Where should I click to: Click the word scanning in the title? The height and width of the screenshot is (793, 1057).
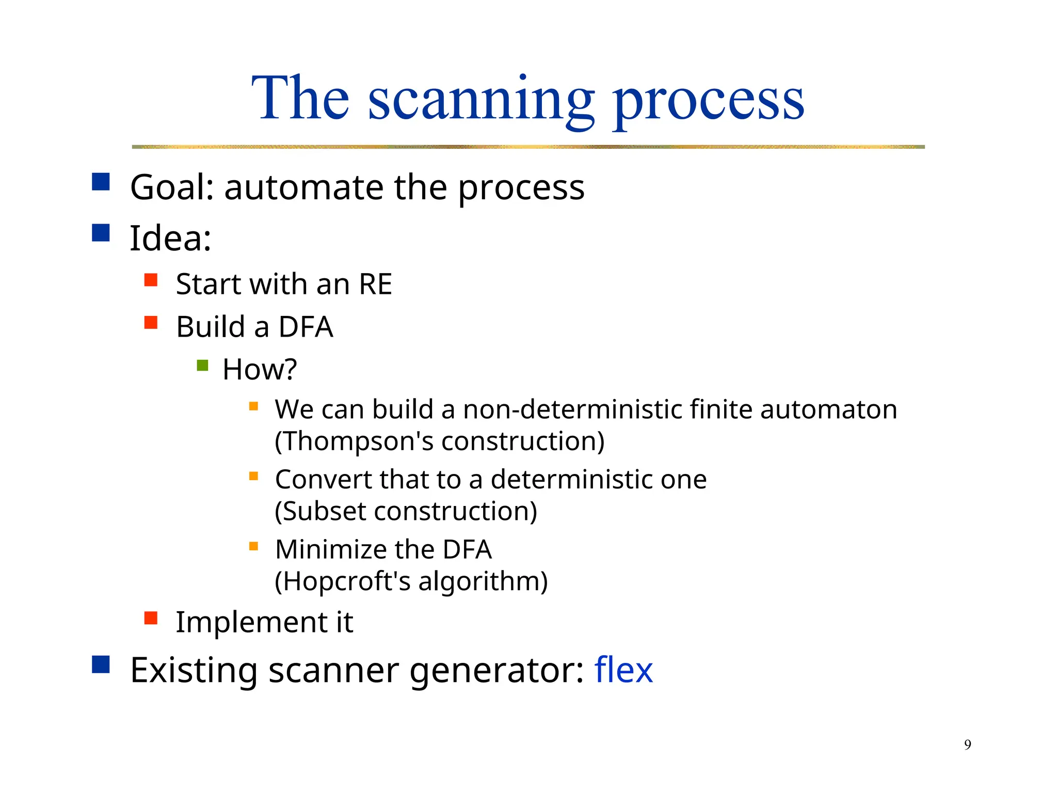pos(481,101)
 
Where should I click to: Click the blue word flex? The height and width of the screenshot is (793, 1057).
pos(623,670)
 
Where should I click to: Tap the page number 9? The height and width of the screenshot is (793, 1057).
pos(967,744)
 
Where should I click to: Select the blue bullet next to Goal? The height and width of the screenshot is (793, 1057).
pos(101,182)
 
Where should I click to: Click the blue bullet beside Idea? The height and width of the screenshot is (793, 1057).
pos(101,233)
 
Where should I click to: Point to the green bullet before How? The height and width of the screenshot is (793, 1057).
pos(202,366)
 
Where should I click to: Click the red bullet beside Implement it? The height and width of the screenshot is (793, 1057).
pos(151,618)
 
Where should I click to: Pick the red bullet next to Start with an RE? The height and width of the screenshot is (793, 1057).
pos(151,280)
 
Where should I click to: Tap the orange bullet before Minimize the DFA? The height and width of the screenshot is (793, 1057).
pos(253,546)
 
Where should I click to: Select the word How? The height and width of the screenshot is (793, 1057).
pos(260,370)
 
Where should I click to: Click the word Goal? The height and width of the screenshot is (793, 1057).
pos(172,187)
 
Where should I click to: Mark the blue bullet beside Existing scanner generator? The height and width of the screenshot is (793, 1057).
pos(101,664)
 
